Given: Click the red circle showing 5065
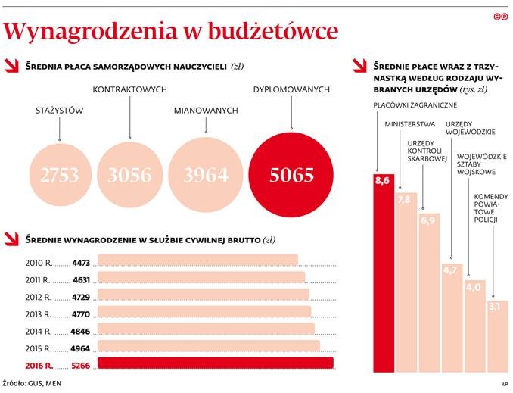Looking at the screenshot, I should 292,176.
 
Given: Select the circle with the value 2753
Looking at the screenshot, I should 60,176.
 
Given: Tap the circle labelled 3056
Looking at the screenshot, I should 129,176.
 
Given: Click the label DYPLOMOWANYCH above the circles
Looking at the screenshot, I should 291,89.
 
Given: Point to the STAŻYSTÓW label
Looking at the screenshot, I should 59,111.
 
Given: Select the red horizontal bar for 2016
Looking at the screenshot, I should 216,363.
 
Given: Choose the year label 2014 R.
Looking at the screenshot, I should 39,330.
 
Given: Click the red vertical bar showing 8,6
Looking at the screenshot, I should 384,273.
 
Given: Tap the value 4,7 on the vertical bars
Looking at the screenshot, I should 451,270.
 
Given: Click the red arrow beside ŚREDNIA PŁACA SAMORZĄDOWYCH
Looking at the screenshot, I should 11,66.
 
